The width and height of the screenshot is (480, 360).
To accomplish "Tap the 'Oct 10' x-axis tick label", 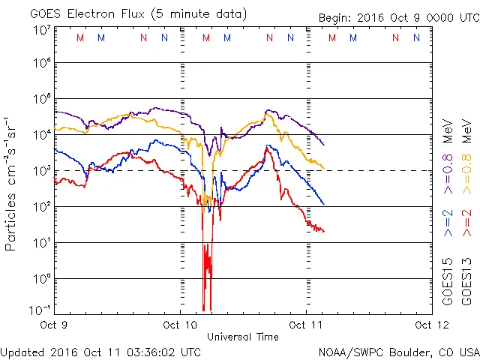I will [180, 325].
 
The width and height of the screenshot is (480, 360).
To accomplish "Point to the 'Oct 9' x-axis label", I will [53, 325].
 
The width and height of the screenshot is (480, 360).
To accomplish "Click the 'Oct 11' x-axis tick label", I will [305, 325].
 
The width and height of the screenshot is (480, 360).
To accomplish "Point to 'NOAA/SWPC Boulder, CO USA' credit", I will [398, 352].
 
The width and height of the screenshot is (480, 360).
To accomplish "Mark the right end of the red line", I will [324, 230].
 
